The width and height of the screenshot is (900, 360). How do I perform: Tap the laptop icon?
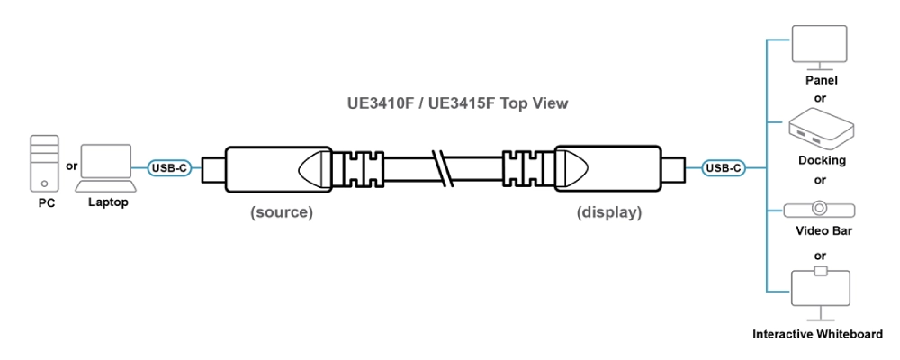pos(106,168)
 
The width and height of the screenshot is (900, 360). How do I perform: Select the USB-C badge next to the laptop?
pos(169,167)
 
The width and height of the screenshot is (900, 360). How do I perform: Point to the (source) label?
pos(282,213)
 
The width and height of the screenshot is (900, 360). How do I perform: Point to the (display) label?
pos(609,213)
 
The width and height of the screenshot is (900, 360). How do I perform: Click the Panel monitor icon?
pos(819,48)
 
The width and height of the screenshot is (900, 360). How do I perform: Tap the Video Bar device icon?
pos(819,209)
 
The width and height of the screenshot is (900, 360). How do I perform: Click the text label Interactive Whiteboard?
pos(818,335)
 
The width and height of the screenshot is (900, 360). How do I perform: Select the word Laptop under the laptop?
pos(108,202)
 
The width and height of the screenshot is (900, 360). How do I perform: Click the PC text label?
pos(47,203)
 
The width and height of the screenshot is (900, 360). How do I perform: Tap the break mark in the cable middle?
pos(442,167)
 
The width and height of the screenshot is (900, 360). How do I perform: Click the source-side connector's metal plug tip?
pos(211,167)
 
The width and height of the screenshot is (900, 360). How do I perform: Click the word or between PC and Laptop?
pos(72,166)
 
